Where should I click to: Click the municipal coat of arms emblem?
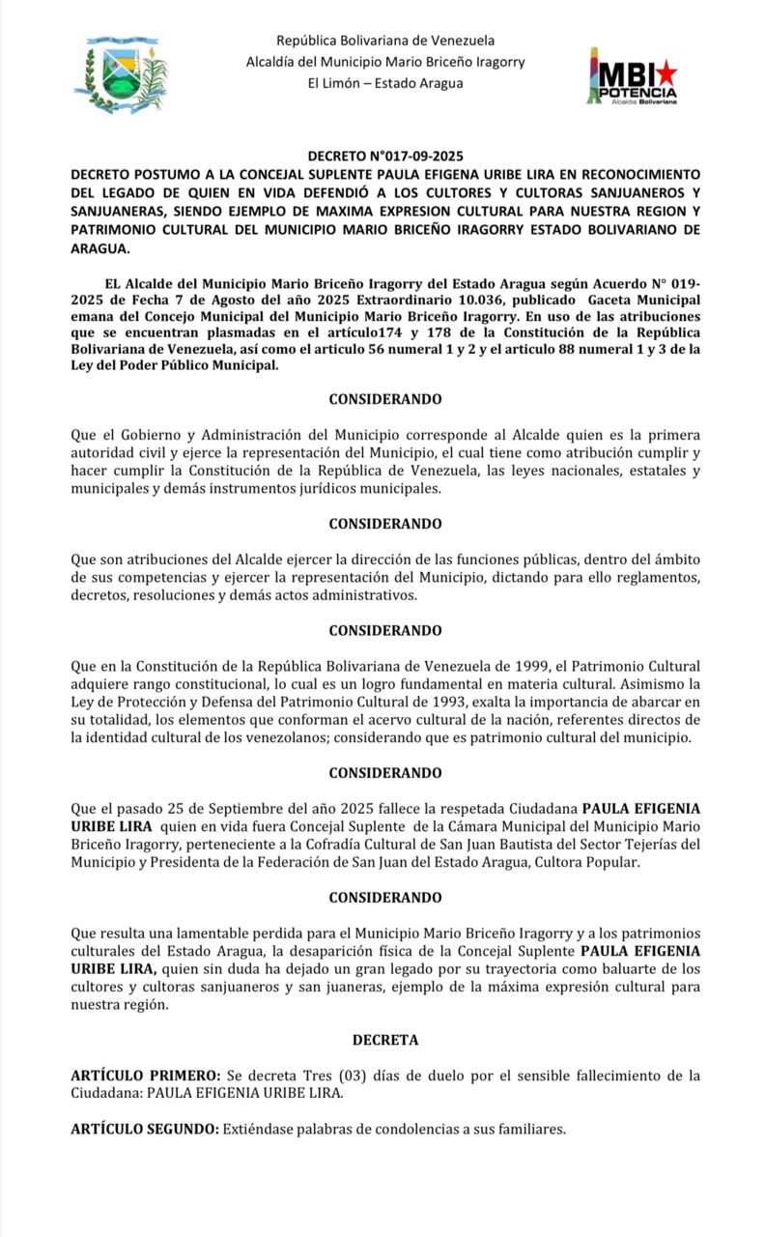(x=120, y=73)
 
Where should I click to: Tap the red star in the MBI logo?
(x=666, y=73)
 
